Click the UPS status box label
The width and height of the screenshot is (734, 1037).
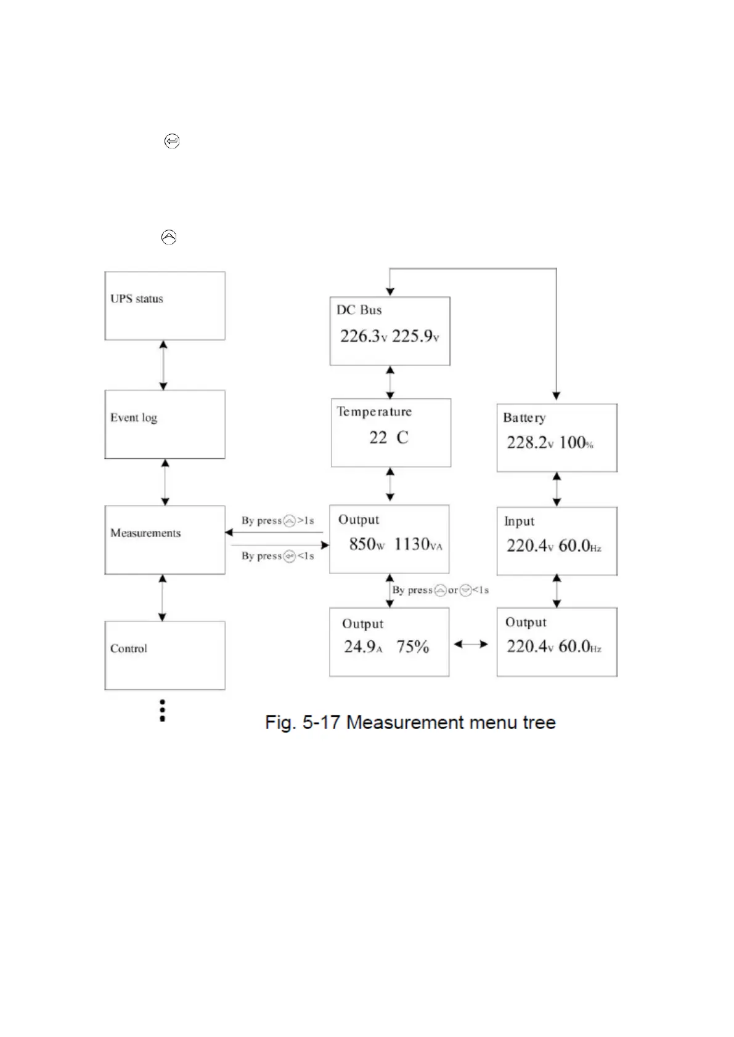[x=137, y=299]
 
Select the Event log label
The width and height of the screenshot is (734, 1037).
[x=134, y=418]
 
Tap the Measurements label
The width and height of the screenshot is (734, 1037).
[x=145, y=533]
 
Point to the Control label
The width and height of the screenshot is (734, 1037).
[x=129, y=648]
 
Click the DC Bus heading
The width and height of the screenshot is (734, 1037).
[x=359, y=310]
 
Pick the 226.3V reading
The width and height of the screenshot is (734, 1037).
[x=364, y=336]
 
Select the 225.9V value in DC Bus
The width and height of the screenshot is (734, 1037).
[x=415, y=336]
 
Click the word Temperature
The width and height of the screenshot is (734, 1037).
[x=374, y=411]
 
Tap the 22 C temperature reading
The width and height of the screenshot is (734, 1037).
[x=388, y=438]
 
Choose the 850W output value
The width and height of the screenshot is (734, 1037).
[x=366, y=544]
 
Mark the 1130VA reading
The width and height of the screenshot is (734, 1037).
[x=418, y=544]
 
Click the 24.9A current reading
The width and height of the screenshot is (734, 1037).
[x=363, y=647]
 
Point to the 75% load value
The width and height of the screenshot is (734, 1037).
[x=412, y=647]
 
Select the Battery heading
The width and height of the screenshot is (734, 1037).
[x=524, y=418]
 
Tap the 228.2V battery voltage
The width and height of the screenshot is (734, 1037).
[x=530, y=443]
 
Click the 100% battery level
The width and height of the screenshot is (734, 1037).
[x=576, y=443]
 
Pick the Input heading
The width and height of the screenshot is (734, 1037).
[x=519, y=521]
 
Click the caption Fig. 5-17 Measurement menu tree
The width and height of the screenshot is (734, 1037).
[x=410, y=722]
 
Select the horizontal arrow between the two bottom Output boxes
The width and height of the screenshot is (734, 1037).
[x=471, y=644]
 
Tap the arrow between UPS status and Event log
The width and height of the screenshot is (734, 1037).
[x=163, y=365]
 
